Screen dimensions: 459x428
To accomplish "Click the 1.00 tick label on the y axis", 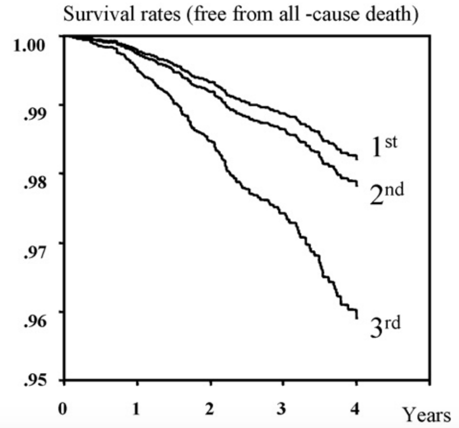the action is [29, 45].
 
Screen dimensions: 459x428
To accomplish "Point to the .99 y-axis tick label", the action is [34, 114].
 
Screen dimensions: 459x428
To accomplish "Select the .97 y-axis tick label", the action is [34, 252].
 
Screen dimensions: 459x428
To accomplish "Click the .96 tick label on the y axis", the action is [34, 321].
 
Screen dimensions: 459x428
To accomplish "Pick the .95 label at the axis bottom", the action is [34, 380].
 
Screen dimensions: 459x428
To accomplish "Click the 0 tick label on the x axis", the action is [62, 408].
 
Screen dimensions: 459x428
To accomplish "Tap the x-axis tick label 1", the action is [136, 408].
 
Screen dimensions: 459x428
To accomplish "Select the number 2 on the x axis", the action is [209, 408].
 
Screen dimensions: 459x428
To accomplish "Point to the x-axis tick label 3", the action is [281, 408].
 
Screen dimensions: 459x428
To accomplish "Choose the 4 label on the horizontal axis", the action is [355, 408].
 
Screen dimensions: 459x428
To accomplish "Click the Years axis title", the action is [426, 414].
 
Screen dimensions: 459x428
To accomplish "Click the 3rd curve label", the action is [385, 326].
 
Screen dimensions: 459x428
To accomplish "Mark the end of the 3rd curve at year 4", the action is [357, 318].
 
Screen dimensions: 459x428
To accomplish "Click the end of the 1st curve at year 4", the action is [357, 159].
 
